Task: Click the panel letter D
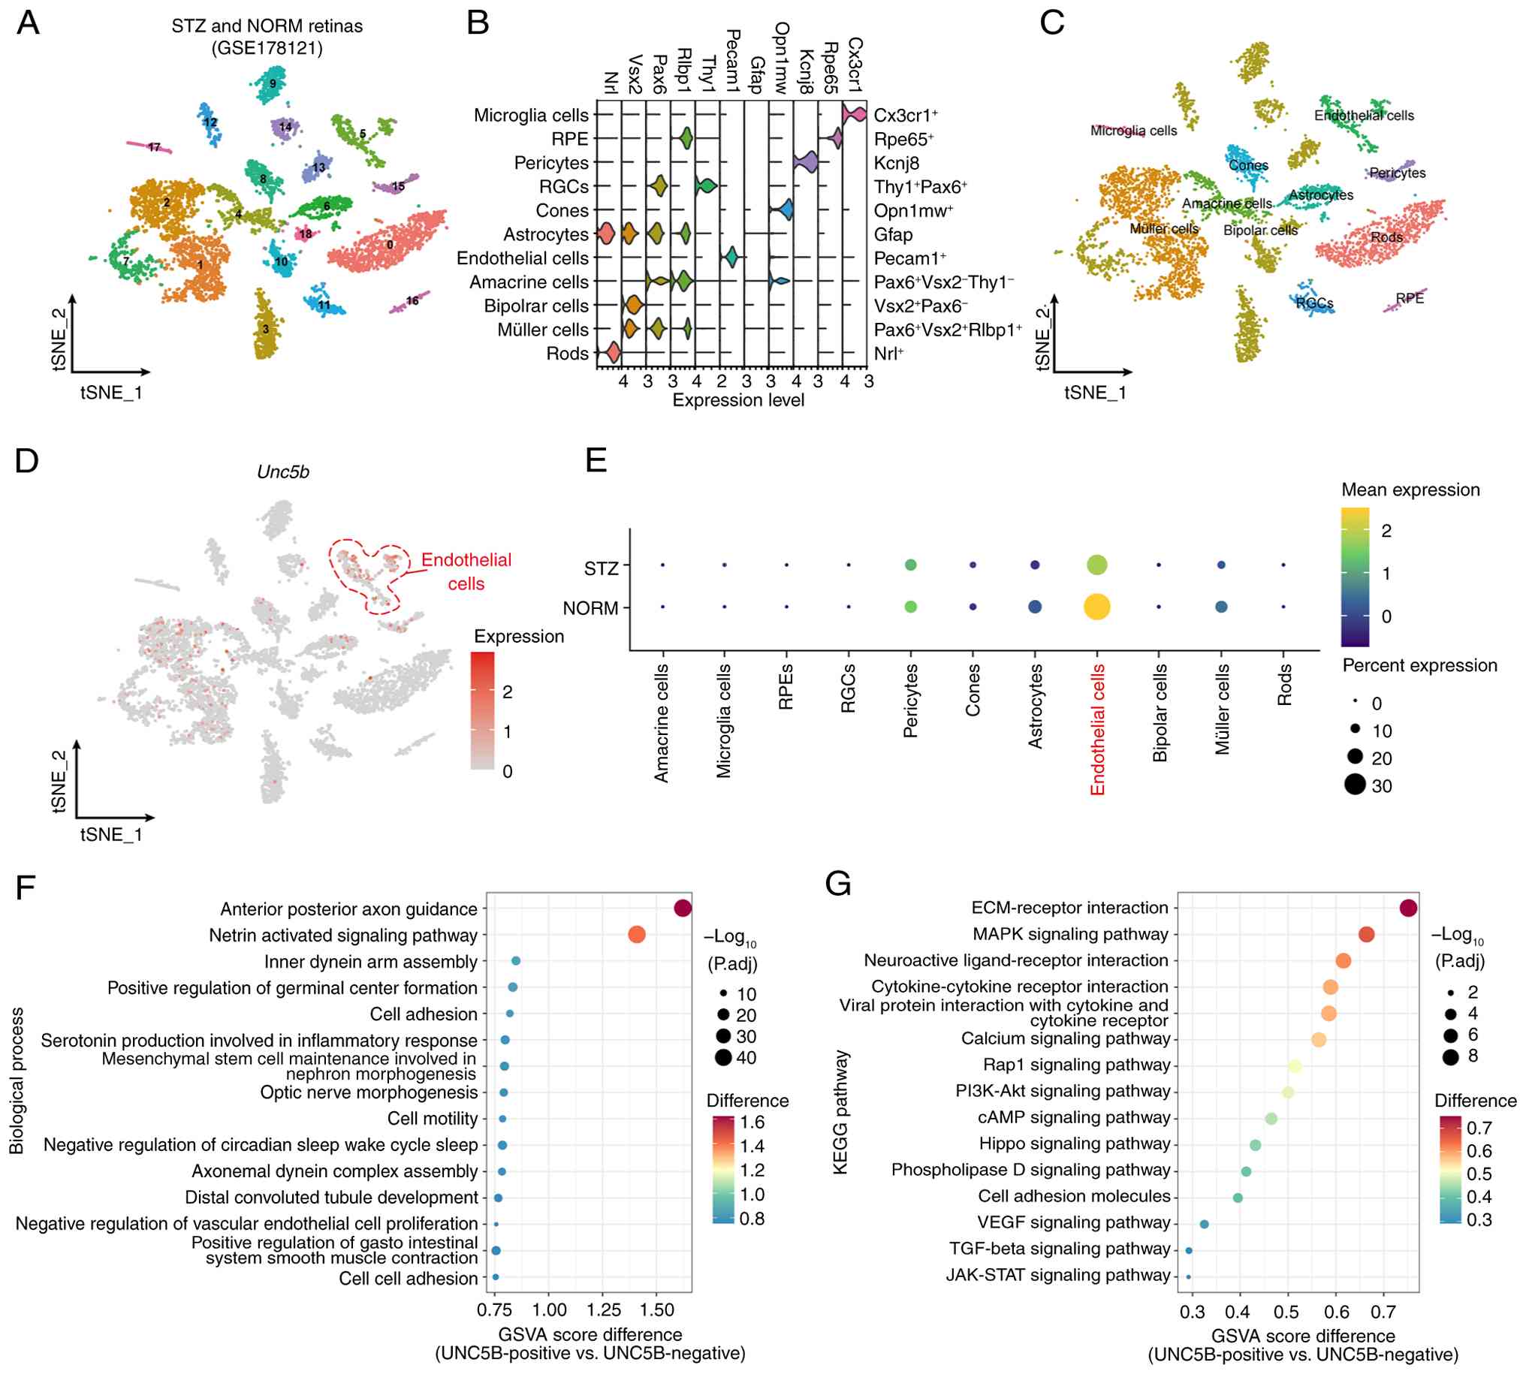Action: (x=27, y=460)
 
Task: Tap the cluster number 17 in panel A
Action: (x=154, y=147)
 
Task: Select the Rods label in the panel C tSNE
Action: (x=1386, y=237)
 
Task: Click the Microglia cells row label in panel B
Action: (x=531, y=116)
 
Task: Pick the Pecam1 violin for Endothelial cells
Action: (x=731, y=258)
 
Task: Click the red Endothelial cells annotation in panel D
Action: (x=466, y=571)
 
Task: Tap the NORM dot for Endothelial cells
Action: (x=1096, y=607)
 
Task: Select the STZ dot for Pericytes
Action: (x=911, y=565)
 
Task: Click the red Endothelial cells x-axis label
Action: (x=1097, y=729)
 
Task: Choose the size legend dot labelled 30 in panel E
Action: (x=1355, y=785)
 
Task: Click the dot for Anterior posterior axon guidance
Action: (x=683, y=909)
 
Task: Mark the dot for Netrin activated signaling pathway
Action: (x=637, y=935)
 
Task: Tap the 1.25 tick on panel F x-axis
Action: (x=602, y=1310)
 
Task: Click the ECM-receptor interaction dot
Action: (x=1407, y=908)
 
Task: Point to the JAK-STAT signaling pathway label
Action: (x=1058, y=1275)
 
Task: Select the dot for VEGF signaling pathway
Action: (x=1205, y=1224)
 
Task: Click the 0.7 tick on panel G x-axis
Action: (x=1383, y=1312)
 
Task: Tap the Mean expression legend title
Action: (x=1410, y=490)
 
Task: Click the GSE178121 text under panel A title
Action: (x=267, y=48)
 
